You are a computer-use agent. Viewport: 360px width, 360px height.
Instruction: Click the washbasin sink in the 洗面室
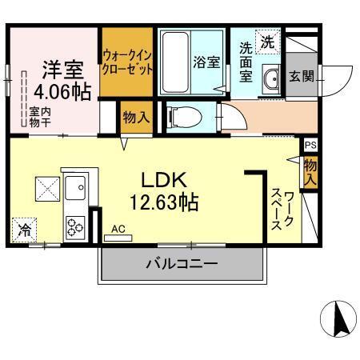(x=272, y=80)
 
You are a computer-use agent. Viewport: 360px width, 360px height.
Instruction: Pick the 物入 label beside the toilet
(x=134, y=118)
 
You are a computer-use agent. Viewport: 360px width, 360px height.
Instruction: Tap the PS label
(x=310, y=146)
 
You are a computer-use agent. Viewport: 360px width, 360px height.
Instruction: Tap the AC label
(x=118, y=230)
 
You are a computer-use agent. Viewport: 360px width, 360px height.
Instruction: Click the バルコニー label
(x=181, y=263)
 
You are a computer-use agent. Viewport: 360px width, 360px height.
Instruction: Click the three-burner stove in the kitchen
(x=77, y=226)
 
